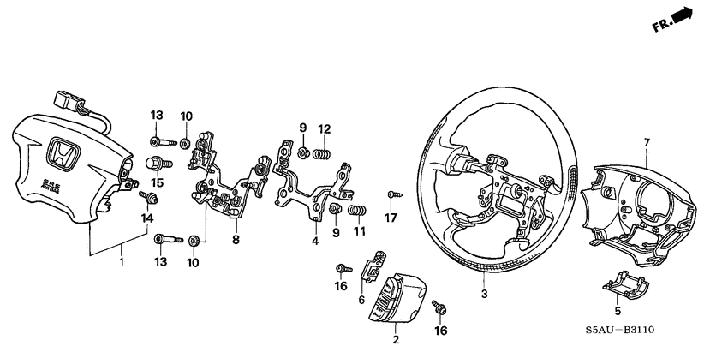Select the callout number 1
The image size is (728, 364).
(x=122, y=261)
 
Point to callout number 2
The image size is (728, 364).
(x=395, y=340)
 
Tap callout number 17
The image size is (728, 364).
(x=391, y=218)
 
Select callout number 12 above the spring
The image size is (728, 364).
(x=324, y=129)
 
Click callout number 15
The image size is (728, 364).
(x=157, y=182)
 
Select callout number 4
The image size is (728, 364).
(x=313, y=242)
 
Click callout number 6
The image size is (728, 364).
(x=361, y=300)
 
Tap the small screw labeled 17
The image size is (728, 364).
(x=391, y=195)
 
